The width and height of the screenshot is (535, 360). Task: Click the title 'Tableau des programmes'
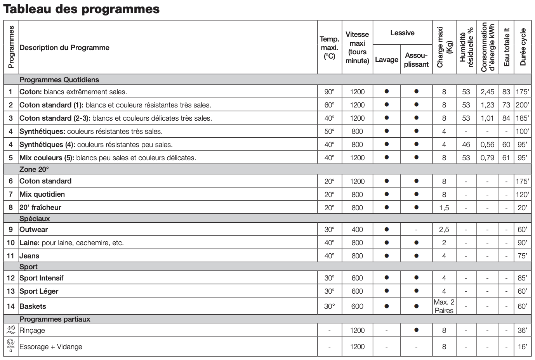pos(81,9)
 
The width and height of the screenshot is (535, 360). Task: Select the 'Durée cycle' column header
pos(523,47)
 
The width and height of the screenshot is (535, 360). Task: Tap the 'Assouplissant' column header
pos(416,60)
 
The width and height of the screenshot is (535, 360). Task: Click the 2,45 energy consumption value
pos(487,92)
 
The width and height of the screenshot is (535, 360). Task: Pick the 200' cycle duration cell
pos(522,105)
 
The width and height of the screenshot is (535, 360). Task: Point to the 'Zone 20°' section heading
pos(34,170)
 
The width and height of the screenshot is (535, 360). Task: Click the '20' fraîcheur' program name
pos(40,208)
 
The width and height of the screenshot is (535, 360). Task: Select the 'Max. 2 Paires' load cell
pos(444,306)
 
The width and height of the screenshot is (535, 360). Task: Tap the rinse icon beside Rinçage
pos(10,330)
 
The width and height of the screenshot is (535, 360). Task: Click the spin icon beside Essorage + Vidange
pos(10,346)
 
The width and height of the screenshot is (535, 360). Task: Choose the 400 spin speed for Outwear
pos(357,230)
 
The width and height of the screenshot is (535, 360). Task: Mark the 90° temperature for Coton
pos(329,92)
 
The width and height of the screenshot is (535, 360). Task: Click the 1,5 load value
pos(444,208)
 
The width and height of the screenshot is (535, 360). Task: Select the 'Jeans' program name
pos(30,256)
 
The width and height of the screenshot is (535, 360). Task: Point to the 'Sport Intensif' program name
pos(42,278)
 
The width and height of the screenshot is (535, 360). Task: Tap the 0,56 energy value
pos(487,145)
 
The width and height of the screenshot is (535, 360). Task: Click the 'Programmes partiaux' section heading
pos(55,319)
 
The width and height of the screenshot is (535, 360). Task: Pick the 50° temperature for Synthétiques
pos(329,132)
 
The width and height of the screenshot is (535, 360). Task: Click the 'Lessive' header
pos(402,33)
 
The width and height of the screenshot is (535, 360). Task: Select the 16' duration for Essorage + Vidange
pos(522,347)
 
